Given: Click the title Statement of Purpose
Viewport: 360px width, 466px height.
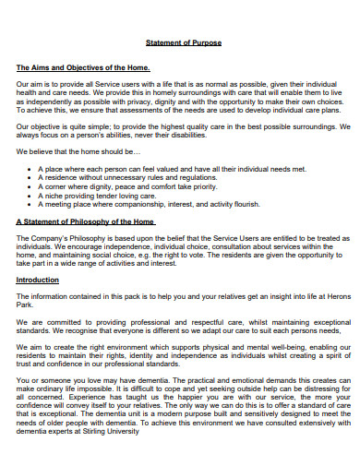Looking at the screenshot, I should pos(184,43).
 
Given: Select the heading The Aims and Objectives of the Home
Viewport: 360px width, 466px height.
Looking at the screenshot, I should pos(83,68).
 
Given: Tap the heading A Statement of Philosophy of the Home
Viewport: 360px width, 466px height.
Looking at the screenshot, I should pos(86,222).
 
